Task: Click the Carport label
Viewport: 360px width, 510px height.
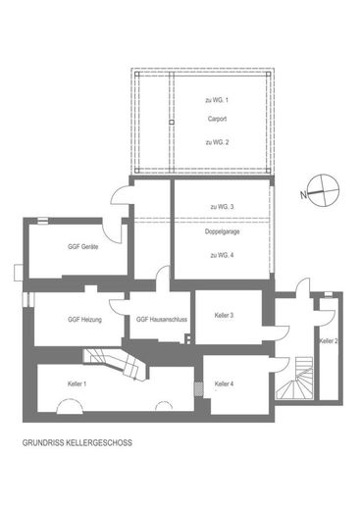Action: [x=217, y=119]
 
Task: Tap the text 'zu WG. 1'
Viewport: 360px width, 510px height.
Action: [x=217, y=100]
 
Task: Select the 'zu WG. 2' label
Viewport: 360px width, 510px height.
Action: [x=217, y=142]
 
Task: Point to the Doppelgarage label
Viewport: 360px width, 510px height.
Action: [x=222, y=231]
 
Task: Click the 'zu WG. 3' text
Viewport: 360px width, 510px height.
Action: [x=222, y=207]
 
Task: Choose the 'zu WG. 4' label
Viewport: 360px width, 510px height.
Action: [x=222, y=255]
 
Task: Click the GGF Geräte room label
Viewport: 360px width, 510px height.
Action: [x=82, y=247]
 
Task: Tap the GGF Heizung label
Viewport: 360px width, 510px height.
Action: [x=84, y=320]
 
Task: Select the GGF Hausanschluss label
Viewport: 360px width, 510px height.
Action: [x=162, y=319]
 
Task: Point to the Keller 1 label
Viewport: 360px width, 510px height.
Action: [x=77, y=383]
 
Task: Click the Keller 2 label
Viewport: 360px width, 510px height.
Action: [x=329, y=341]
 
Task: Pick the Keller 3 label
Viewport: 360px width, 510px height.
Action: [x=224, y=316]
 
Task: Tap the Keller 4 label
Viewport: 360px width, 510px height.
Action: [x=224, y=383]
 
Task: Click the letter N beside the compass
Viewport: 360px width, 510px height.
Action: [x=304, y=195]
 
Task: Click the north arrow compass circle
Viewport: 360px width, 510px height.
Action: [x=324, y=190]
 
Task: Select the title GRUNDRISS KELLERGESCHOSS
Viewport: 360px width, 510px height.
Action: [x=77, y=443]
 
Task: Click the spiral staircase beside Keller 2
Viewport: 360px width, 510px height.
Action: [x=294, y=379]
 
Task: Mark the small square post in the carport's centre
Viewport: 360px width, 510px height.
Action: [x=172, y=123]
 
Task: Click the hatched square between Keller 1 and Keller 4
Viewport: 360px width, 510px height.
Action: [x=199, y=388]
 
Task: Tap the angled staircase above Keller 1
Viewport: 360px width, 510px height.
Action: [x=116, y=364]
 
